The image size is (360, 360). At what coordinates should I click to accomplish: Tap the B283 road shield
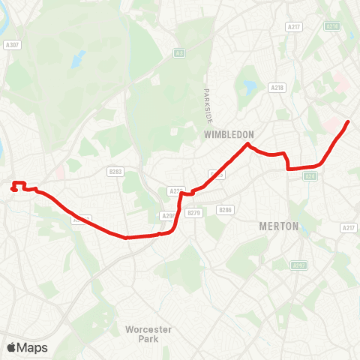[115, 172]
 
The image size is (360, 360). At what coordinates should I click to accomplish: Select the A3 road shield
[178, 52]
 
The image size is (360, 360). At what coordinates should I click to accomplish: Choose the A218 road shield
[277, 88]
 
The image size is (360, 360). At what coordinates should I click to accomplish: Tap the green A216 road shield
[331, 26]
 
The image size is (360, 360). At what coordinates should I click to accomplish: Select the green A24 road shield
[310, 177]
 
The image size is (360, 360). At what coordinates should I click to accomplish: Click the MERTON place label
[278, 226]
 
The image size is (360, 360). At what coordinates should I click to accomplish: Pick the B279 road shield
[194, 213]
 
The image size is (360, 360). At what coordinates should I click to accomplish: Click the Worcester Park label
[149, 334]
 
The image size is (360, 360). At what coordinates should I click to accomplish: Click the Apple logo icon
[11, 347]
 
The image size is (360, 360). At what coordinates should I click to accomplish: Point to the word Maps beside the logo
[33, 347]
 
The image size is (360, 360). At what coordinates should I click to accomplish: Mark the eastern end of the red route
[348, 121]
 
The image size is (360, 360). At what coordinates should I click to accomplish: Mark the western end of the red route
[13, 189]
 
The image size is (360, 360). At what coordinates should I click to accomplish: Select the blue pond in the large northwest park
[78, 58]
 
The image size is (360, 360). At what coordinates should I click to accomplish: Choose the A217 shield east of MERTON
[348, 227]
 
